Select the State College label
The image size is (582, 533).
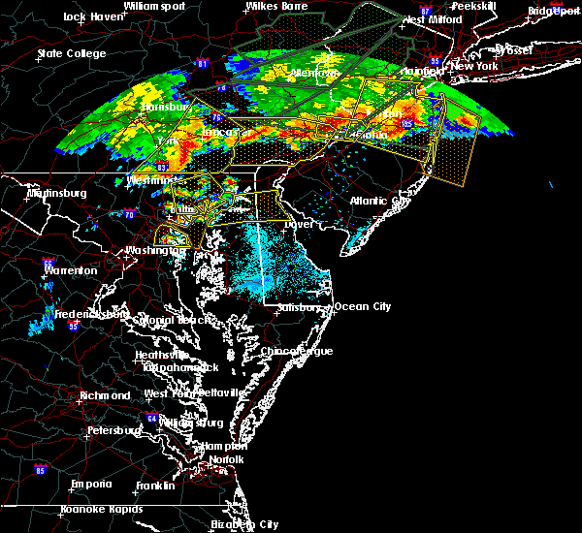point(71,53)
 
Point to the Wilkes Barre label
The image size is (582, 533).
point(275,6)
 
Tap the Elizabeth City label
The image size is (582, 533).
point(243,524)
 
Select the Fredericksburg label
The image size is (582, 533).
point(90,314)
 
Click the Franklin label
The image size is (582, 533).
point(155,485)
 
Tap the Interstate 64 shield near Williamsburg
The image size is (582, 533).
point(153,419)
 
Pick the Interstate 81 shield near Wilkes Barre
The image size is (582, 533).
point(203,64)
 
